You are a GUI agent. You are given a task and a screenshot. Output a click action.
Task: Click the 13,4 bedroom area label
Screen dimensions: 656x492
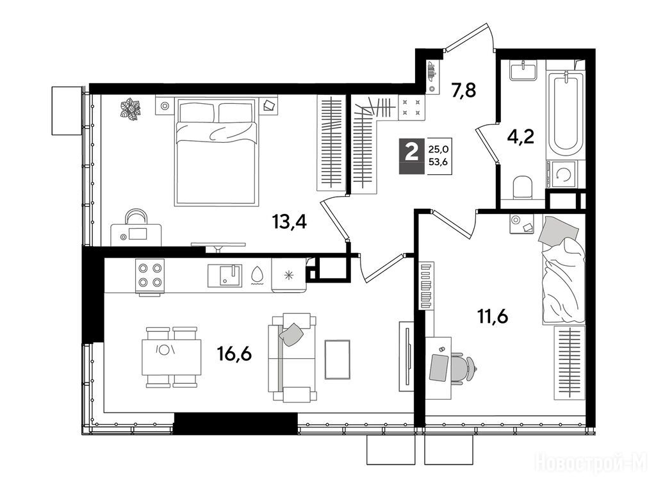(290, 222)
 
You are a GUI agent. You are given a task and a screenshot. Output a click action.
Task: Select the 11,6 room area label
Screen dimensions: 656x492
(493, 316)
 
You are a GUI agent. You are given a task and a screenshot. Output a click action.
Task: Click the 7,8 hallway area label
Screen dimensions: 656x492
(464, 90)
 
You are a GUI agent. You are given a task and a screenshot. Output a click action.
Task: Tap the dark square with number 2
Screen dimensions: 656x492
(412, 156)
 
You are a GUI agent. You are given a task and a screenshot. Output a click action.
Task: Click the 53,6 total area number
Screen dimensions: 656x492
(438, 162)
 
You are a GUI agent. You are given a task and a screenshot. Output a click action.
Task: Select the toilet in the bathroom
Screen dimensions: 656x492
(523, 187)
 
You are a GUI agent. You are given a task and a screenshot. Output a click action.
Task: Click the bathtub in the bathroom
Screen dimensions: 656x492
(565, 113)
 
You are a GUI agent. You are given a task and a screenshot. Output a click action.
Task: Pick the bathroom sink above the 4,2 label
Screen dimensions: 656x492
(523, 70)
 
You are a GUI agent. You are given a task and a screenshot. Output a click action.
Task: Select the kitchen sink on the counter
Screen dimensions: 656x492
(225, 275)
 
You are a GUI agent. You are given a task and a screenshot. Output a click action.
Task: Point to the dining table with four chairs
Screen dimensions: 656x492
(172, 357)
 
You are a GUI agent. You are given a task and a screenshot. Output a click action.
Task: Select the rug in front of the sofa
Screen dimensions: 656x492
(337, 359)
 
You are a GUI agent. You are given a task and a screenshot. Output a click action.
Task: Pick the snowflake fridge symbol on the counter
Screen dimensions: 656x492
(288, 275)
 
